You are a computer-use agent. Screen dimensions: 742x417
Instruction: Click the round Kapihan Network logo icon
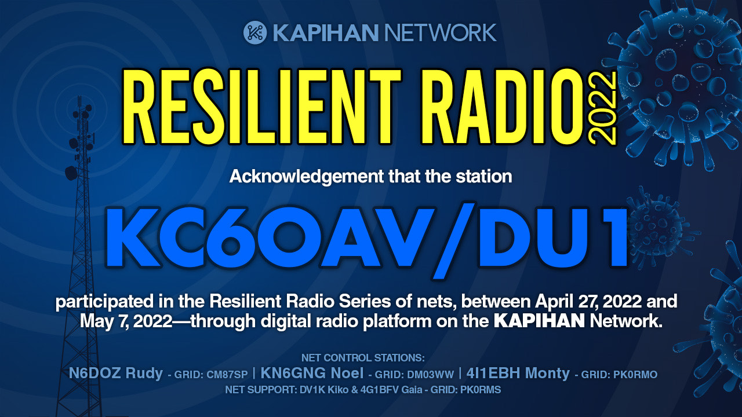click(254, 32)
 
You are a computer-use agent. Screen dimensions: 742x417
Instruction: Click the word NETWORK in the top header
click(440, 32)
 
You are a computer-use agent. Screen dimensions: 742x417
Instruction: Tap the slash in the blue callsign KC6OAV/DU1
click(453, 241)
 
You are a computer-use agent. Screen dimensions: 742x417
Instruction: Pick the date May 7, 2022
click(126, 321)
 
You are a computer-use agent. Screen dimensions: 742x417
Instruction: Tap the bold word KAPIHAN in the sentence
click(539, 321)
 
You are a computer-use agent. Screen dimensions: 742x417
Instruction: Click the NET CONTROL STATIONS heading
click(363, 358)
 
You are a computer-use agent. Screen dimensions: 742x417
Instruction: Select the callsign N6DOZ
click(94, 374)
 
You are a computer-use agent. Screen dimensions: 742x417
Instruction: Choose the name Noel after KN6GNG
click(347, 374)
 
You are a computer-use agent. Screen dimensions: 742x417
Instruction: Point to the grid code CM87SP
click(227, 375)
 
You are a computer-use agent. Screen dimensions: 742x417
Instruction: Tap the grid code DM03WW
click(430, 375)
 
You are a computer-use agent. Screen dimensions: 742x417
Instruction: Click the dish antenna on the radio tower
click(71, 173)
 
